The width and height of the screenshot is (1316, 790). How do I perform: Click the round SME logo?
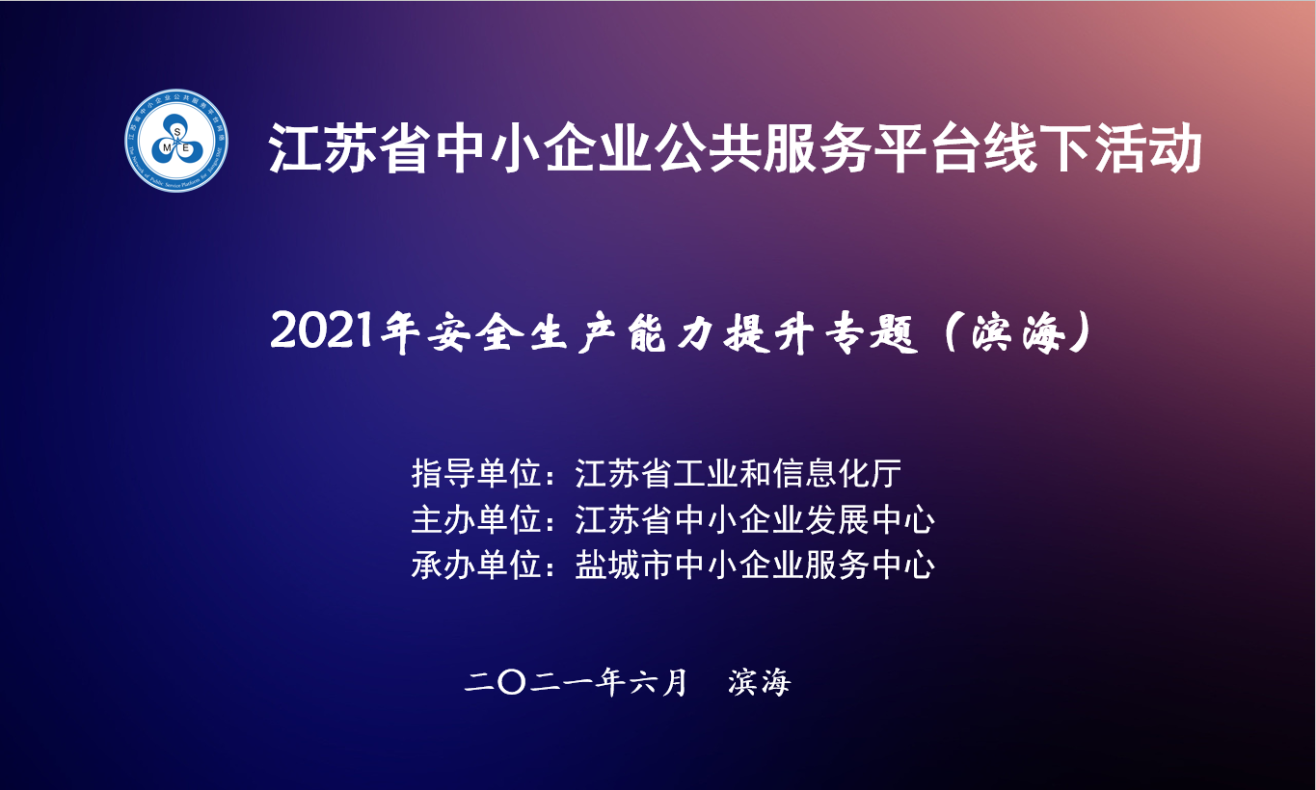176,141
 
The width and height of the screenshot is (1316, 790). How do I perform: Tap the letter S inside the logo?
176,132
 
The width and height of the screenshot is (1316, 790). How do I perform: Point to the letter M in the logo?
167,147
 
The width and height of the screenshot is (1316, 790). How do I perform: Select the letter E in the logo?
186,147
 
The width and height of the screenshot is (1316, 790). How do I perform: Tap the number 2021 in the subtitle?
322,330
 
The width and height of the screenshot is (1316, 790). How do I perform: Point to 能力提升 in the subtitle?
721,332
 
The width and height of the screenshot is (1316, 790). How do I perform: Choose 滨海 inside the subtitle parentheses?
1019,332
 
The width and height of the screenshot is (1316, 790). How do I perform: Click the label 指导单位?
476,474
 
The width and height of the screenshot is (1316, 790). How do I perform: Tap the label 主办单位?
476,519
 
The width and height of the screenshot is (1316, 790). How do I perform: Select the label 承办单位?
476,566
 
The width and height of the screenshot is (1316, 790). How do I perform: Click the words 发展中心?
870,519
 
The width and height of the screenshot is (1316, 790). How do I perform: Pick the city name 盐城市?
624,566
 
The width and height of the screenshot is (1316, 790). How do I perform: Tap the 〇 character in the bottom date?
511,683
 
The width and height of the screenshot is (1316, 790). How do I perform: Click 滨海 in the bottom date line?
759,683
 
